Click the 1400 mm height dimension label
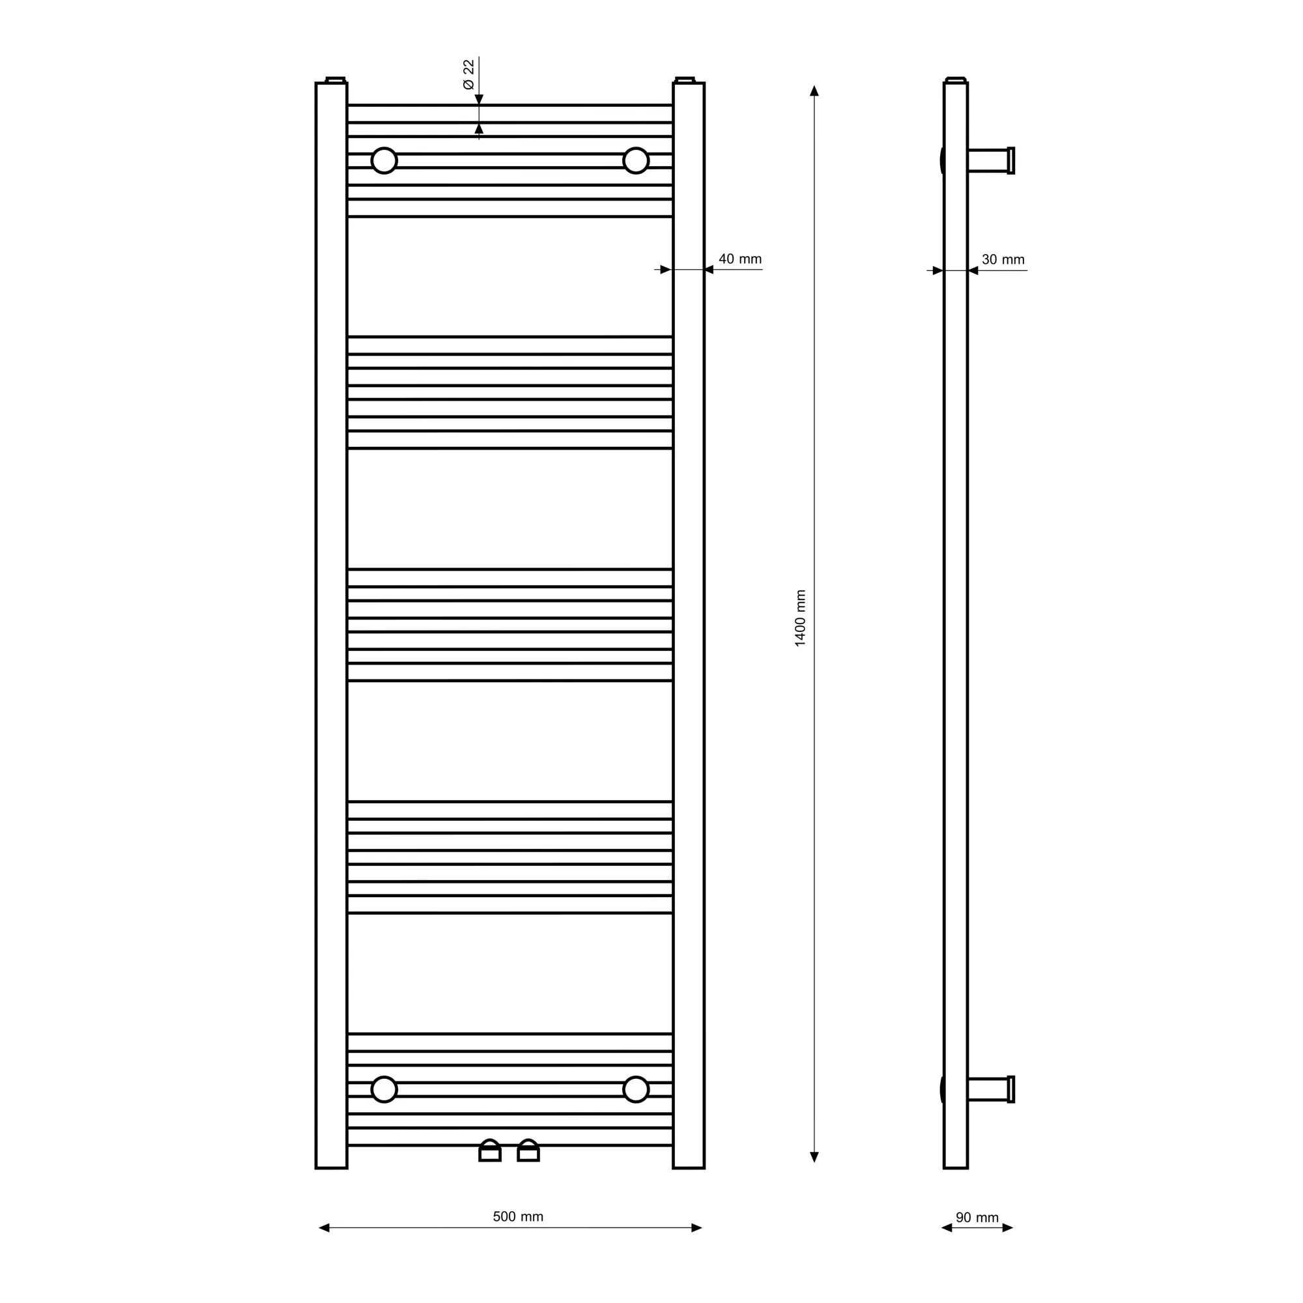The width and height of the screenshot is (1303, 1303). pyautogui.click(x=801, y=618)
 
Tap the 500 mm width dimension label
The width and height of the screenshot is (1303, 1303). pyautogui.click(x=518, y=1216)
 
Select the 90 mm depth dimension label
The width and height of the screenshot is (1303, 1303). pyautogui.click(x=977, y=1218)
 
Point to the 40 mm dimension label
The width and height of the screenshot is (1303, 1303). pyautogui.click(x=740, y=259)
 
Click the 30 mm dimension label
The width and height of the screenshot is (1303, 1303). pyautogui.click(x=1003, y=260)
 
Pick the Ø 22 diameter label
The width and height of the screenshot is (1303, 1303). pyautogui.click(x=468, y=74)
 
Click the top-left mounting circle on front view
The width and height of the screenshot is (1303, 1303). pyautogui.click(x=384, y=160)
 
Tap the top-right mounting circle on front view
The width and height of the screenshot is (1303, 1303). pyautogui.click(x=636, y=160)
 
